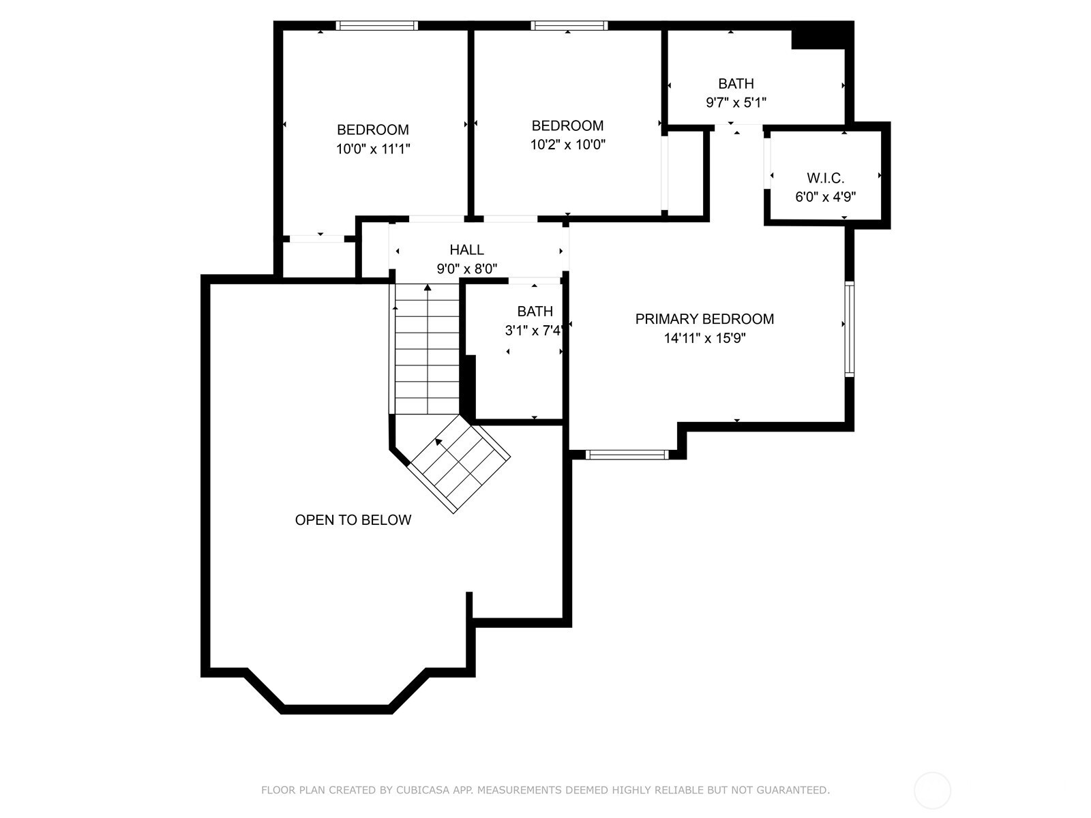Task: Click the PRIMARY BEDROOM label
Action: click(x=704, y=319)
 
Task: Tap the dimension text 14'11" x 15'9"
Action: click(x=705, y=338)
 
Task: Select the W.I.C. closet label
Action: click(x=826, y=178)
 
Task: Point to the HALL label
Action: click(x=466, y=249)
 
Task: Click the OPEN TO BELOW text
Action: click(x=353, y=520)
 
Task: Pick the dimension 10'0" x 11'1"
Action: click(x=373, y=149)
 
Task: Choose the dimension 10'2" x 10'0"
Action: click(x=567, y=145)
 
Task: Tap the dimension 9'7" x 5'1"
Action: click(x=736, y=103)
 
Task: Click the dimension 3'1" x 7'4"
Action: click(x=533, y=331)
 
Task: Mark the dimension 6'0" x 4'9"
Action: click(x=826, y=197)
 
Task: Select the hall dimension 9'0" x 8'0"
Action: click(x=466, y=269)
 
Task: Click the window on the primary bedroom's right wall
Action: click(x=850, y=329)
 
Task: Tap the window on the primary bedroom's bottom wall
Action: click(x=627, y=455)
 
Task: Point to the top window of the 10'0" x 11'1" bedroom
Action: click(x=377, y=26)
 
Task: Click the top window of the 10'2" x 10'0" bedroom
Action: click(x=569, y=26)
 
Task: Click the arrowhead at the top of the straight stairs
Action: click(x=428, y=287)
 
